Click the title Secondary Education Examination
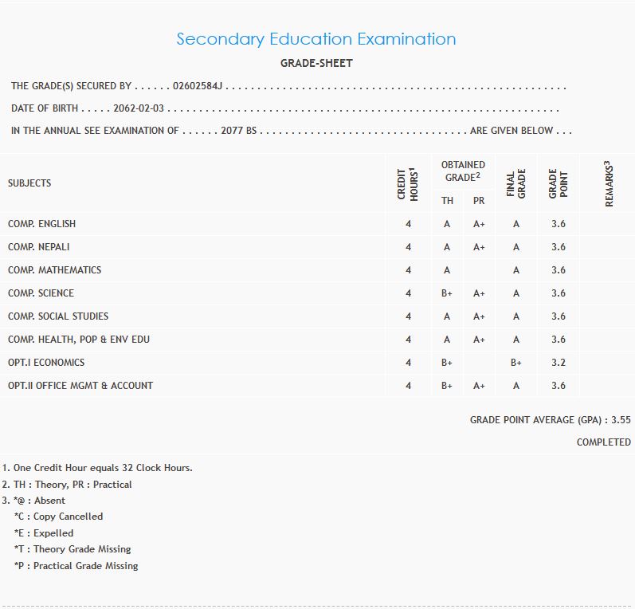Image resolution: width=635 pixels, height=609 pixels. point(316,39)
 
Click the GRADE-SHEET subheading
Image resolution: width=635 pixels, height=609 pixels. point(316,63)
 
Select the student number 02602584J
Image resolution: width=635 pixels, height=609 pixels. point(198,86)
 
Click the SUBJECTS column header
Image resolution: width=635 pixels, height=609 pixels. point(29,183)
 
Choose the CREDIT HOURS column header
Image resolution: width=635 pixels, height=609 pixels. point(408,183)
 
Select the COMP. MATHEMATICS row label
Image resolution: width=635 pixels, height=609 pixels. point(54,270)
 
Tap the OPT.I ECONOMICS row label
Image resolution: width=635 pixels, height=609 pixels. point(46,363)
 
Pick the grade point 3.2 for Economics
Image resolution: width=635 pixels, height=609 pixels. point(559,363)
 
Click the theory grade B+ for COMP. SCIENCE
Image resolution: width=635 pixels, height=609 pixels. point(447,293)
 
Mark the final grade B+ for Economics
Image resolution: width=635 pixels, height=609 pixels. point(516,363)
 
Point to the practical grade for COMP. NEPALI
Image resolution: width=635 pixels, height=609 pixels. point(479,247)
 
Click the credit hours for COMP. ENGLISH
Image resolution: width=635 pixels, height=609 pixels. point(408,224)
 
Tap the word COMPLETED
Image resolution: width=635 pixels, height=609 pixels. point(603,442)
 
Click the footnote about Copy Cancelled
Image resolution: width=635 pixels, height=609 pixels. point(60,517)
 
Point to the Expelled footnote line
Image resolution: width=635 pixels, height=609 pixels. point(45,532)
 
